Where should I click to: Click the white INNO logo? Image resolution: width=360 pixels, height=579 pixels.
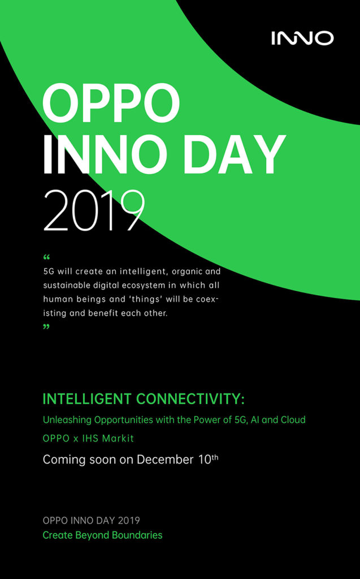click(302, 38)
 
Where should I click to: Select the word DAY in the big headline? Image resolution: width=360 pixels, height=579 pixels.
click(235, 154)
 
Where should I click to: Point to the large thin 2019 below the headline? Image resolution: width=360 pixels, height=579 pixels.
click(94, 211)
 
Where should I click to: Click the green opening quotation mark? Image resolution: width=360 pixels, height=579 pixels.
click(46, 257)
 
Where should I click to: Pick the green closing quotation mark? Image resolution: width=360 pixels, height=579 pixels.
click(46, 327)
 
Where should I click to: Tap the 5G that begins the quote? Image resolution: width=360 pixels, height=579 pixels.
click(49, 271)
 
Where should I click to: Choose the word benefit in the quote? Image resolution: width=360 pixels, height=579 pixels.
click(102, 313)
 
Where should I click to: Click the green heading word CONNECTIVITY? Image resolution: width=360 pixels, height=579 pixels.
click(190, 399)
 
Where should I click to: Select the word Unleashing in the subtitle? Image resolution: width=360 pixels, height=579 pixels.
click(67, 420)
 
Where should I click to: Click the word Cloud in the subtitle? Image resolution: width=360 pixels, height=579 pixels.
click(293, 420)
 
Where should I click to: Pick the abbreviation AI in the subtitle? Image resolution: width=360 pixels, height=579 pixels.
click(255, 420)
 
